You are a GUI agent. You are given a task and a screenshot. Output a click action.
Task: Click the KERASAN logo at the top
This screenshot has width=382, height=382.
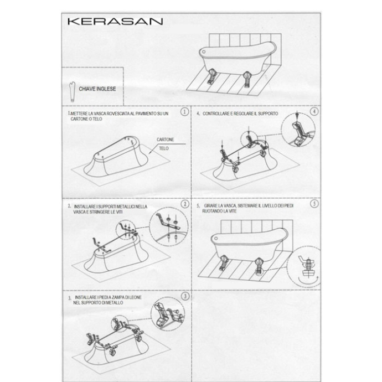(x=115, y=22)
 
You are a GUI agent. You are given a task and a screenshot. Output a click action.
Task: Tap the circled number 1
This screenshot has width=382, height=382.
(x=185, y=111)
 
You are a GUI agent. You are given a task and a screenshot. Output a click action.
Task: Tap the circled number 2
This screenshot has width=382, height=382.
(x=185, y=204)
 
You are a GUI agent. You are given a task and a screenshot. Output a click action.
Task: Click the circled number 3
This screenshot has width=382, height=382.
(x=185, y=297)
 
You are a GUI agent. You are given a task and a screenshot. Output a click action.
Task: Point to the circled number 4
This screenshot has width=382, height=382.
(x=314, y=111)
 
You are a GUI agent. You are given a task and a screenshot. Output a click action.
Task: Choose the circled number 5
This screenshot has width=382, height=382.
(x=314, y=204)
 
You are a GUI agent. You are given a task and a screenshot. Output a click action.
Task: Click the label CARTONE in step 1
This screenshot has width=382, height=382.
(x=166, y=140)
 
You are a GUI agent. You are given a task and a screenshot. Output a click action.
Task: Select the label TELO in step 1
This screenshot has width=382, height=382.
(x=164, y=148)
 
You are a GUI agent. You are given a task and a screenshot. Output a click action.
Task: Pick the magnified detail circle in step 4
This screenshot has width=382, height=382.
(x=300, y=132)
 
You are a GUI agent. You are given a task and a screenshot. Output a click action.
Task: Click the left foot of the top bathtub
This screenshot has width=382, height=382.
(x=210, y=77)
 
